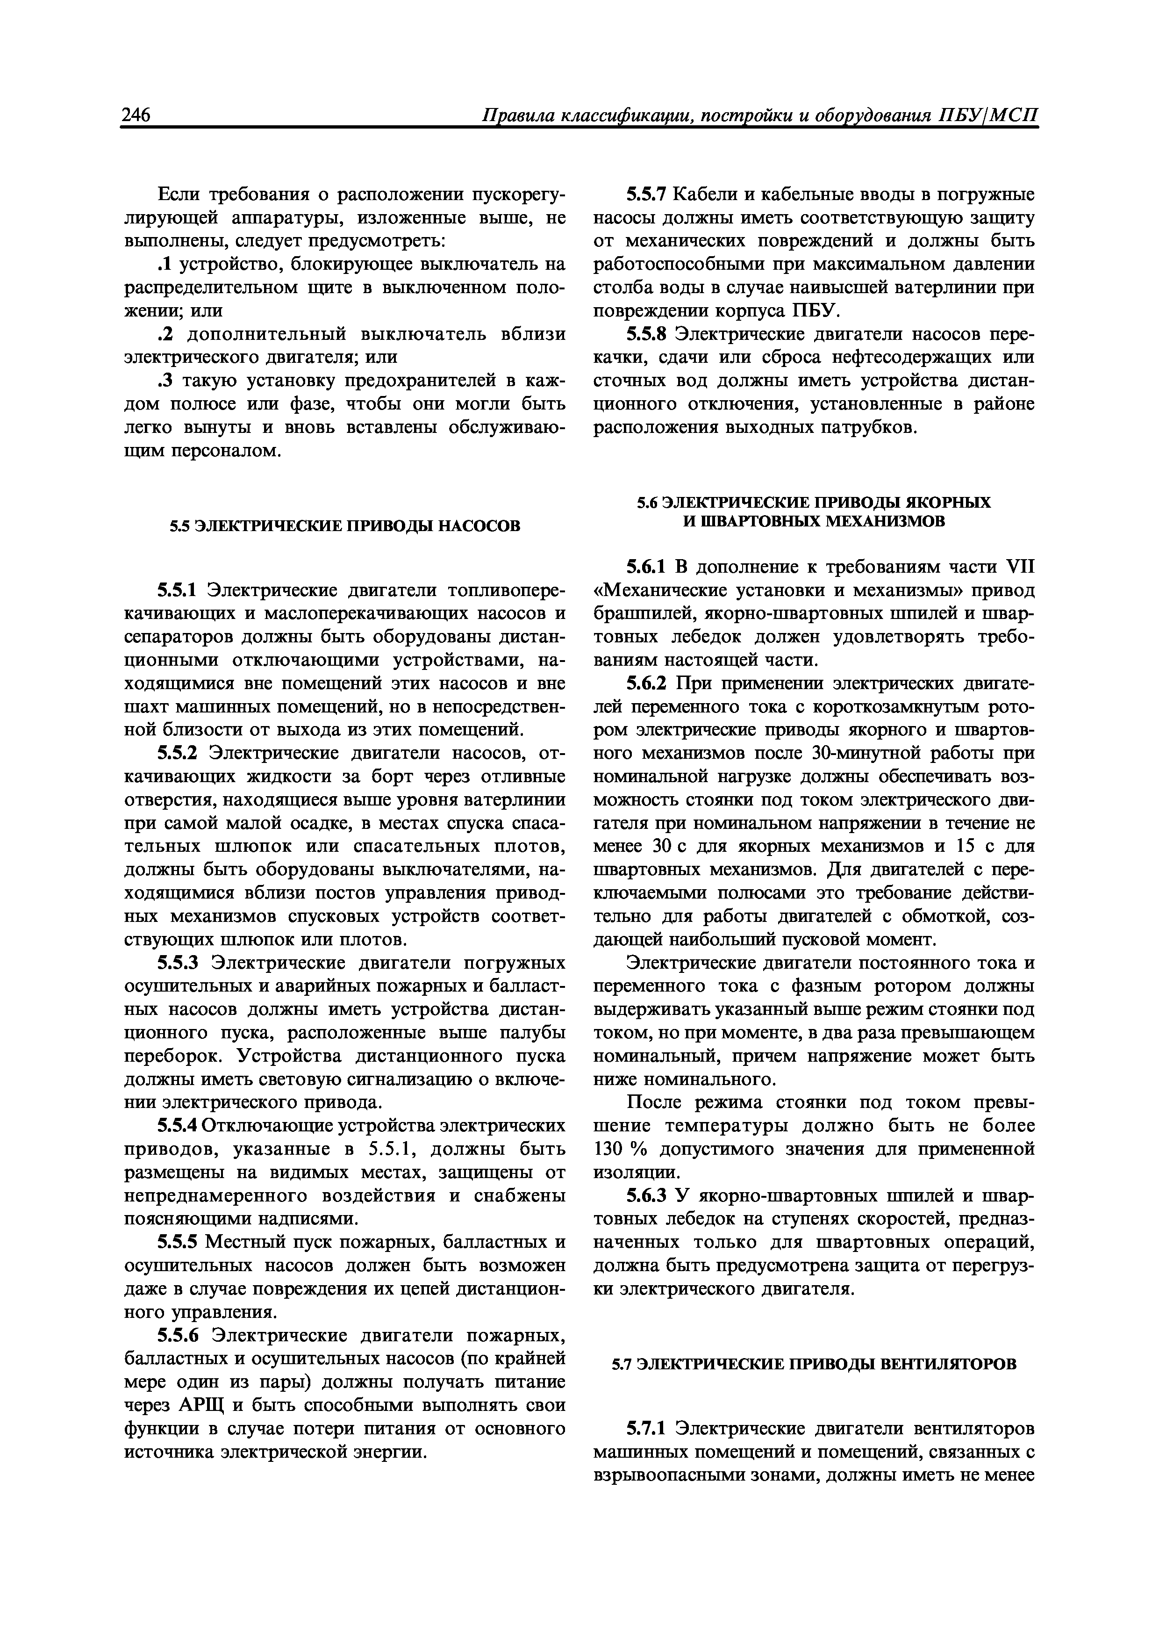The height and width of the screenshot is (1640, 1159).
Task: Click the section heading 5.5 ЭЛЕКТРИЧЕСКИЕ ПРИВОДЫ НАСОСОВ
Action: pos(344,526)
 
